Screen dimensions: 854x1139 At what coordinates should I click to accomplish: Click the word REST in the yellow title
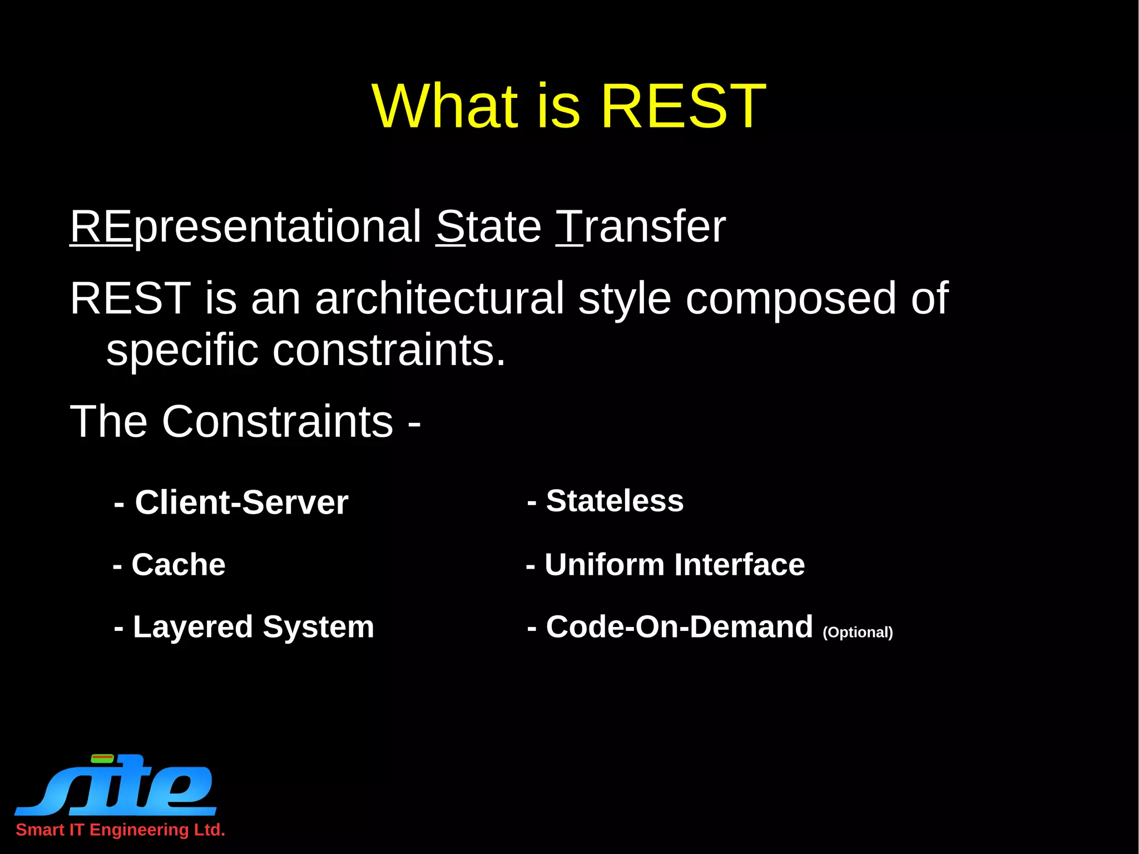point(683,106)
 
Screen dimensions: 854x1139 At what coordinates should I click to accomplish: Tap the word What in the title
point(445,106)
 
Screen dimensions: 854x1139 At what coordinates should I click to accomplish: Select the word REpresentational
point(245,227)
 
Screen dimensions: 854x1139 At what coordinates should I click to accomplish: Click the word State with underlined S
point(488,227)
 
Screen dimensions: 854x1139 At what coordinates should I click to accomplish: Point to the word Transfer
point(641,227)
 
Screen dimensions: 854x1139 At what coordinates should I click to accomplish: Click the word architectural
point(439,299)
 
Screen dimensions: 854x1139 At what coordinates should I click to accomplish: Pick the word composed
point(790,299)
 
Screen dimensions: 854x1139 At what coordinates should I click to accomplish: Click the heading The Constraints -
point(245,422)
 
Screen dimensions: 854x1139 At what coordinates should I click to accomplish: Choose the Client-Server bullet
point(231,502)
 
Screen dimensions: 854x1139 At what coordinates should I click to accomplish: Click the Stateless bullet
point(605,501)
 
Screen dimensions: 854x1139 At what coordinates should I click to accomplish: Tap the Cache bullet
point(169,565)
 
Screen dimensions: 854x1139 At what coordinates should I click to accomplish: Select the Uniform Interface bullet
point(665,565)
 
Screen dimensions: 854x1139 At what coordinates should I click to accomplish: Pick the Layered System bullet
point(244,627)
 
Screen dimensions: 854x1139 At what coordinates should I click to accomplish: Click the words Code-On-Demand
point(670,627)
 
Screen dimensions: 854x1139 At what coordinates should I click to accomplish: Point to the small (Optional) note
point(858,633)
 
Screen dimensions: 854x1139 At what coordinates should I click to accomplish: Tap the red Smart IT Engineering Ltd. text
point(120,830)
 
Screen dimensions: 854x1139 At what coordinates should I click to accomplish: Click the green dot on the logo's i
point(102,758)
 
